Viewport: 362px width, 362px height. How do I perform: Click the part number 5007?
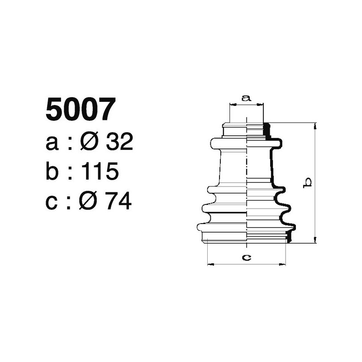tap(78, 110)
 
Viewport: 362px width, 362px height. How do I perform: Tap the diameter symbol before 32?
tap(89, 143)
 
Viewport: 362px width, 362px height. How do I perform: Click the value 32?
tap(119, 143)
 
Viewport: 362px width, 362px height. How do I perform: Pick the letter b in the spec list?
tap(52, 171)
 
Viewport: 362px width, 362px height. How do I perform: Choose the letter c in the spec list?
tap(52, 202)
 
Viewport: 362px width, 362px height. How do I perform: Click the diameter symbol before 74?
tap(89, 201)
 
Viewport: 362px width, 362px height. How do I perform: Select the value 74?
tap(119, 201)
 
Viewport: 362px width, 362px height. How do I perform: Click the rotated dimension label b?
tap(307, 182)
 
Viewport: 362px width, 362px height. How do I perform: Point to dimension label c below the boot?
tap(246, 257)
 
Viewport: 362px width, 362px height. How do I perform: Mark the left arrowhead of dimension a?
tap(232, 105)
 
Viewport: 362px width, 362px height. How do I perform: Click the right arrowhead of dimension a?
tap(261, 105)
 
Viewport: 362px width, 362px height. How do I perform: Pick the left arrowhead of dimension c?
tap(209, 264)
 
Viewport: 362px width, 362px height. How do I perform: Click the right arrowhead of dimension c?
tap(284, 264)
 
